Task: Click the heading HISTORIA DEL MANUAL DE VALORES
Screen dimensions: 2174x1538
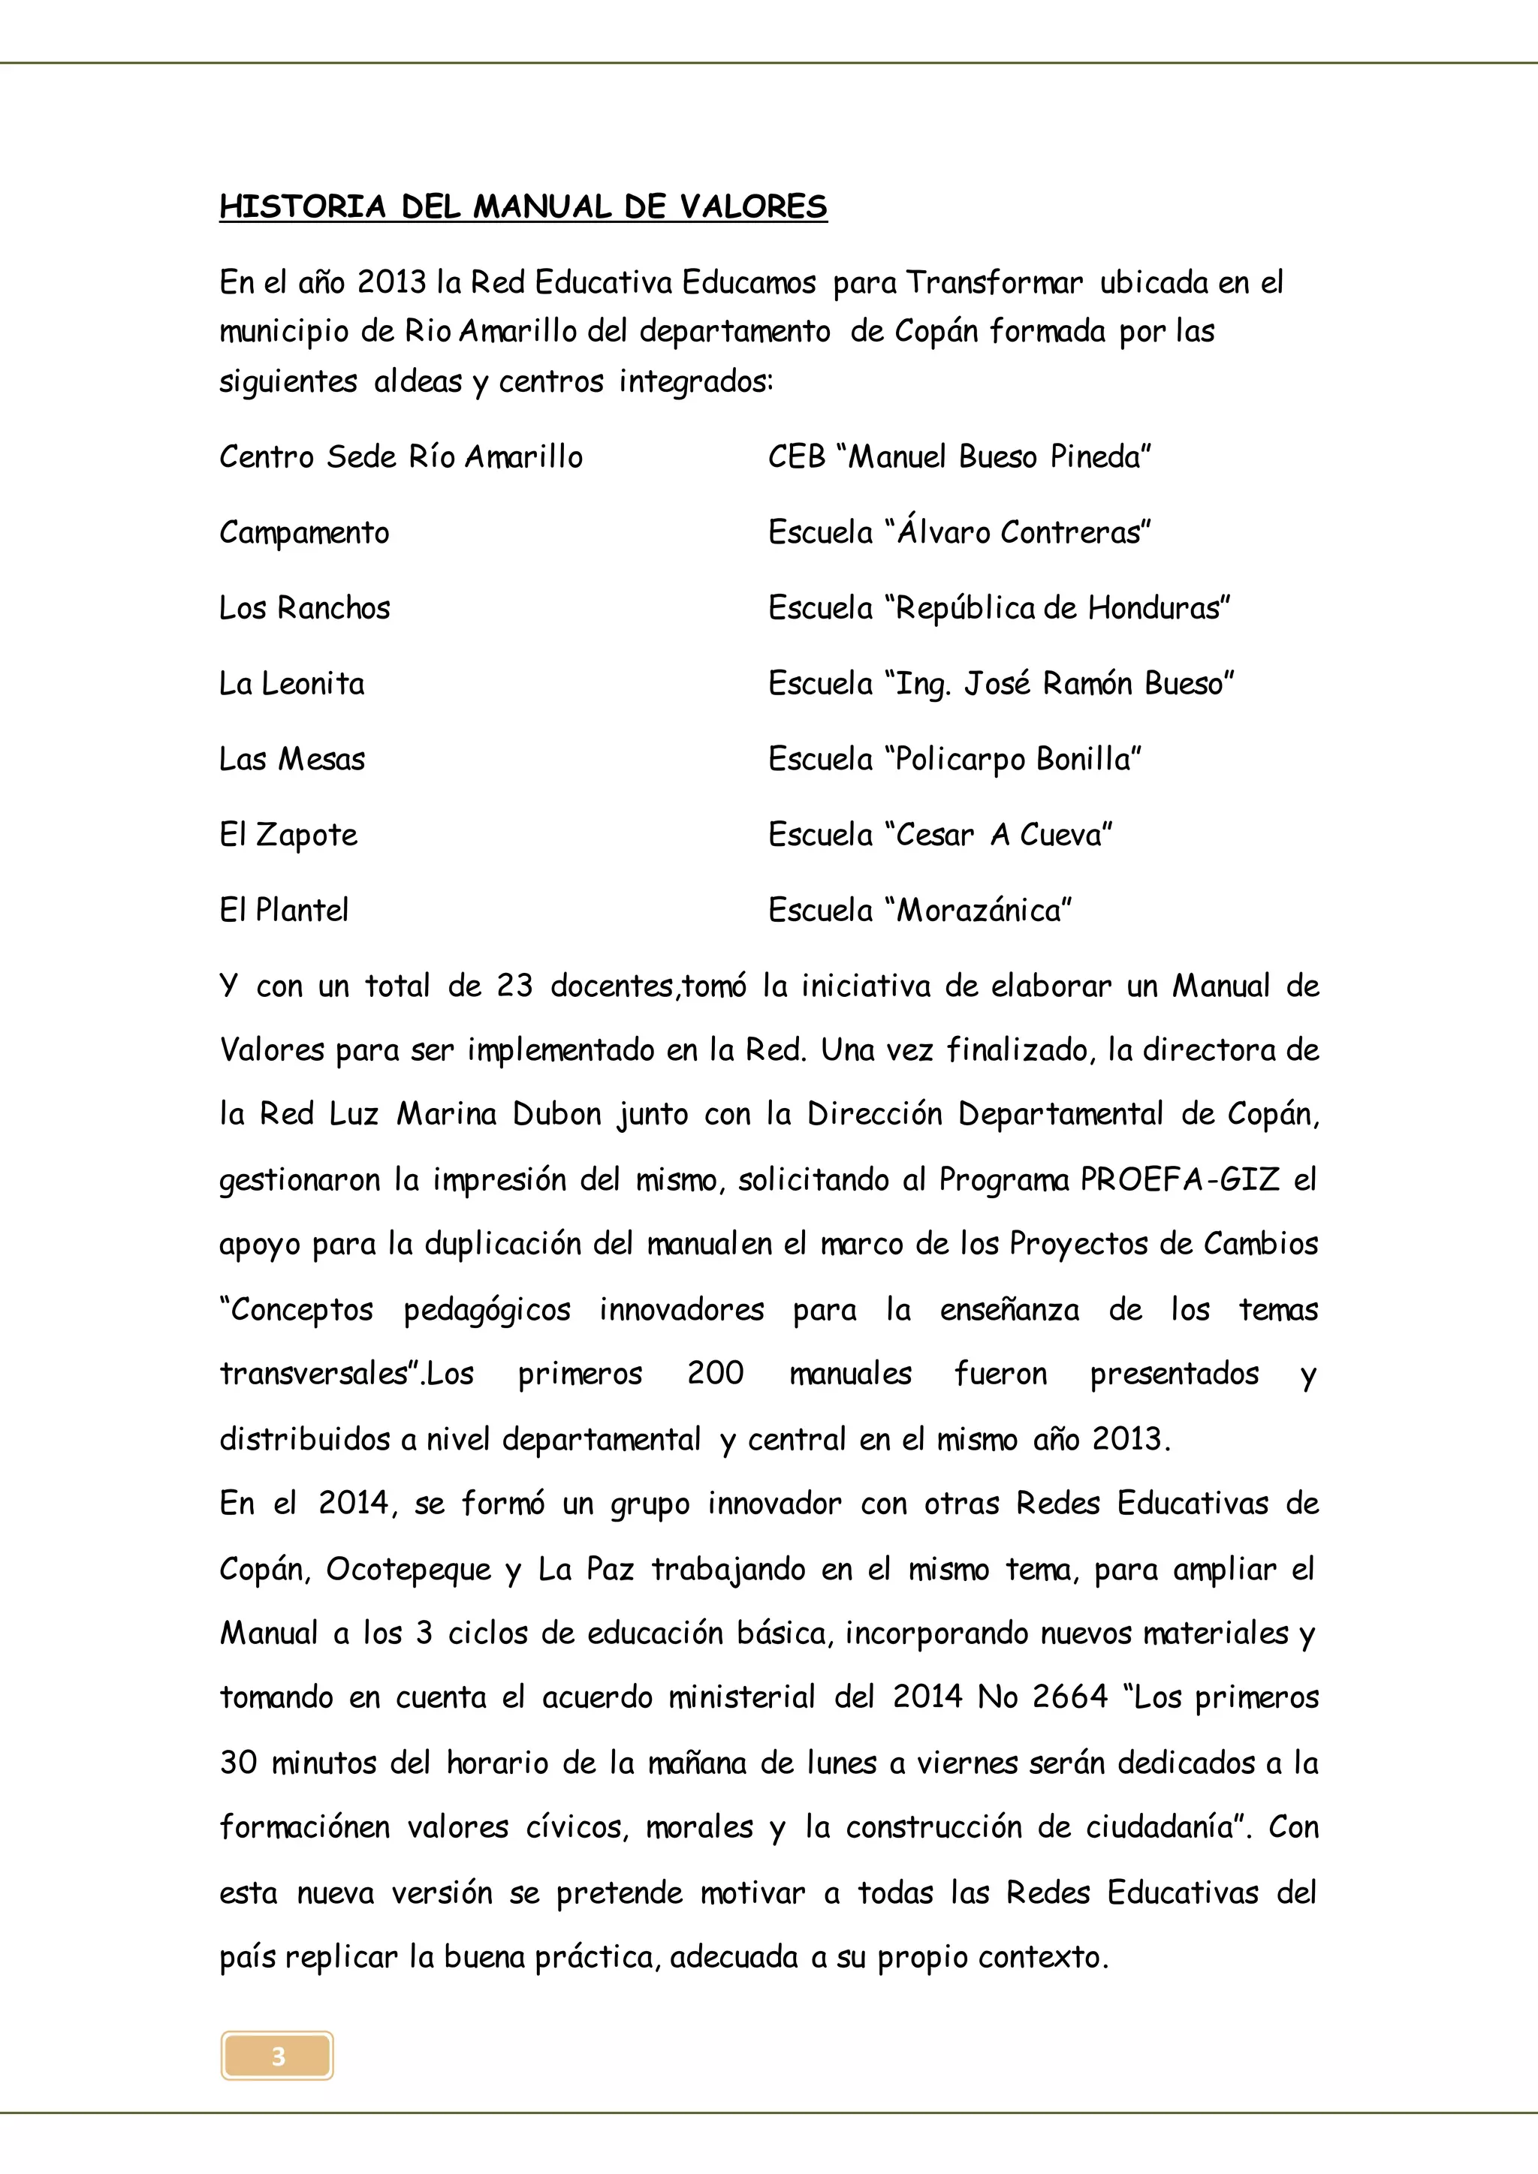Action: click(523, 206)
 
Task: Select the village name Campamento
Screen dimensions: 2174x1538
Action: click(304, 533)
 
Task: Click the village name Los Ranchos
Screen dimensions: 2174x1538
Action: click(304, 608)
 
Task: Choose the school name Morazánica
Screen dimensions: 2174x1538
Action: click(982, 911)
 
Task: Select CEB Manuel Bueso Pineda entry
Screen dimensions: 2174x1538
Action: click(958, 457)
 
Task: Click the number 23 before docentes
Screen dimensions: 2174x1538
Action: click(514, 986)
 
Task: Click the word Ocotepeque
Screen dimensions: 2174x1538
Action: click(409, 1570)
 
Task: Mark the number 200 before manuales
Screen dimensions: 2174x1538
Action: click(715, 1374)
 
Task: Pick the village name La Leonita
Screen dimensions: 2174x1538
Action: click(291, 684)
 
